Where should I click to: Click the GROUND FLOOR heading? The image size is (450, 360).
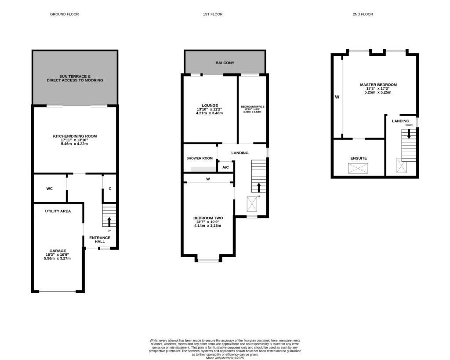click(x=64, y=15)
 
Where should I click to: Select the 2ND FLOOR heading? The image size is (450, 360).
click(x=363, y=15)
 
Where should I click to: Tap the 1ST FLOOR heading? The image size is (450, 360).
click(x=213, y=15)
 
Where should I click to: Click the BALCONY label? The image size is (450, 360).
click(x=225, y=63)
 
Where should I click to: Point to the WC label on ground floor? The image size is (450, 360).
click(x=50, y=189)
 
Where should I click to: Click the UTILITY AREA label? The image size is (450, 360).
click(x=58, y=211)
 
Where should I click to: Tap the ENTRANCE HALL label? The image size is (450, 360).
click(x=100, y=240)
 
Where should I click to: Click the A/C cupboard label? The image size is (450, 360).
click(x=225, y=167)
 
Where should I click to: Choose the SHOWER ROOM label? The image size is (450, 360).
click(x=200, y=158)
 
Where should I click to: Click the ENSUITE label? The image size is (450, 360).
click(x=359, y=158)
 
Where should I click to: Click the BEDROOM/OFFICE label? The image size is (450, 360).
click(x=252, y=107)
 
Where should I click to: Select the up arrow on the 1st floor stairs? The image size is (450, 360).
click(x=258, y=187)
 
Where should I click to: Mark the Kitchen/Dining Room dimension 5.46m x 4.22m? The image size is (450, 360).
click(x=75, y=144)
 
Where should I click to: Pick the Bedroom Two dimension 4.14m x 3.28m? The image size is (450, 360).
click(x=208, y=226)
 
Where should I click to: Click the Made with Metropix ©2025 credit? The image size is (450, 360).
click(x=225, y=358)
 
